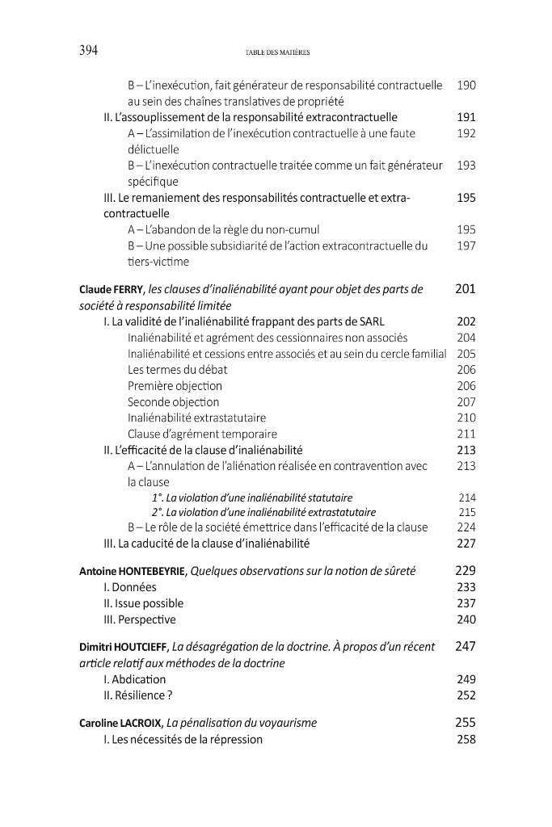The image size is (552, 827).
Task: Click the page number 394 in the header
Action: point(88,51)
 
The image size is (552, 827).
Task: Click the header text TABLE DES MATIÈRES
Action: point(277,52)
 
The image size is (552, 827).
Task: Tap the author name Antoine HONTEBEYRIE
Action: point(133,571)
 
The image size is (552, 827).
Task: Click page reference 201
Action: point(466,288)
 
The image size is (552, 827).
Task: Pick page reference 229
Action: point(466,571)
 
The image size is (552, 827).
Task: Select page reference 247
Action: point(466,647)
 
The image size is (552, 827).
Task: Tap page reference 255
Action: point(466,723)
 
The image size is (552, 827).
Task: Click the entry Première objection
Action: point(174,385)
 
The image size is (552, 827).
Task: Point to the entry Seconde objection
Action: point(174,401)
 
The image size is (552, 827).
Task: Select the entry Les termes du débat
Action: point(177,369)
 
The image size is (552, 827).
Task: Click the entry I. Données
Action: point(130,587)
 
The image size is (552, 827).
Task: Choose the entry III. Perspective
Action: point(139,619)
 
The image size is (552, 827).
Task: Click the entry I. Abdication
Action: point(134,679)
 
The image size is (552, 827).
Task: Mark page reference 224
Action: point(466,527)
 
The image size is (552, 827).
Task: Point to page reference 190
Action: point(466,84)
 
